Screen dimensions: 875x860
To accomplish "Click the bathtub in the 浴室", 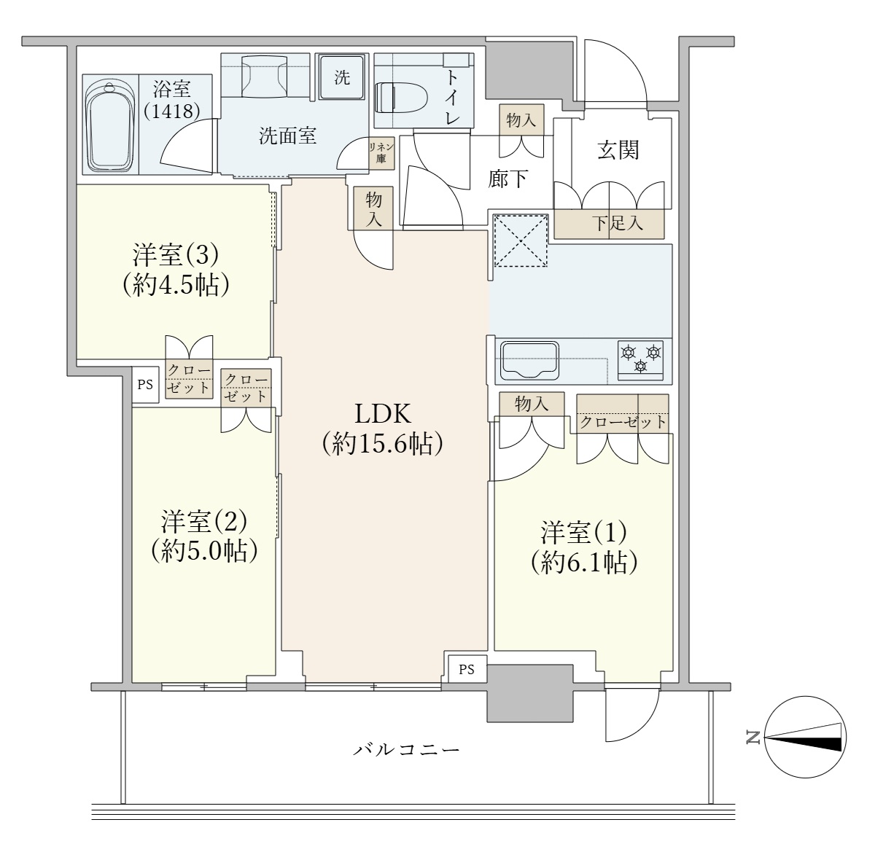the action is point(110,128).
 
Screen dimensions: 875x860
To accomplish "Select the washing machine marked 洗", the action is point(341,77).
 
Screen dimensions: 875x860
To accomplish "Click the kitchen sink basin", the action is point(529,361).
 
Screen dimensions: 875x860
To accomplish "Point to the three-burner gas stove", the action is point(640,360).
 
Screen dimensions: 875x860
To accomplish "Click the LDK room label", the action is point(382,429).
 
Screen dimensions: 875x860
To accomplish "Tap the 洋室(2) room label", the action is point(204,536).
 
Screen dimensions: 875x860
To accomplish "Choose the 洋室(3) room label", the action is point(176,270).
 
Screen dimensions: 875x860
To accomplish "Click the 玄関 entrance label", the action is point(618,150).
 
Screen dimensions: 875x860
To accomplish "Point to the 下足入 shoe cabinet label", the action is point(618,223).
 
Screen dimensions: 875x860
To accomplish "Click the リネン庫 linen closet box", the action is point(381,153).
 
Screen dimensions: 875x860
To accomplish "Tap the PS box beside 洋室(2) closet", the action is point(145,385).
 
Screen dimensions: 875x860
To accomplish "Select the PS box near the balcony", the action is point(467,669).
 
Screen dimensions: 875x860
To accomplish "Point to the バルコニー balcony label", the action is point(406,748).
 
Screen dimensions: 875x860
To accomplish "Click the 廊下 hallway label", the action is point(508,179).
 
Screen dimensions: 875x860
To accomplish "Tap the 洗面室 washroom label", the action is point(287,136).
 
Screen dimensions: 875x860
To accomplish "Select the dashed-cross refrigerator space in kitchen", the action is point(521,241).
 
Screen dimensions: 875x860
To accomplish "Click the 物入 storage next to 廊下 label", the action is point(521,120).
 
